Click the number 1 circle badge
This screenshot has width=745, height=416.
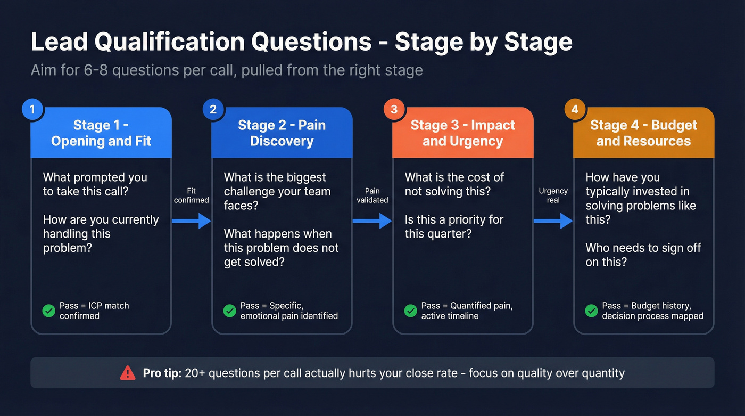32,109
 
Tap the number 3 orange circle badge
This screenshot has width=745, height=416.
394,109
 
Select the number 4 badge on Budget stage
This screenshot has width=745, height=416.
575,109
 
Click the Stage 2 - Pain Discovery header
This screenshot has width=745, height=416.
282,133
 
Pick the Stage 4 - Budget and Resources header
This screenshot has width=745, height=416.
643,133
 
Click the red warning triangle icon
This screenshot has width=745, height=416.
128,373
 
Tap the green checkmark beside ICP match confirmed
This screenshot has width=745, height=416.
49,311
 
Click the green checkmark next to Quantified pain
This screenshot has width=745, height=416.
410,311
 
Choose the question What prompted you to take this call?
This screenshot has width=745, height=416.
95,184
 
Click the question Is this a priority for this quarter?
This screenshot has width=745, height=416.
453,226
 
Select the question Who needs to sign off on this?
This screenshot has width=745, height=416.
643,255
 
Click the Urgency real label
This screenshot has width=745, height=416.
553,195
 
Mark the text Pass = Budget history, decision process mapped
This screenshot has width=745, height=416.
652,311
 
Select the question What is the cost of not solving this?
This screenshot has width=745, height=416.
454,184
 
